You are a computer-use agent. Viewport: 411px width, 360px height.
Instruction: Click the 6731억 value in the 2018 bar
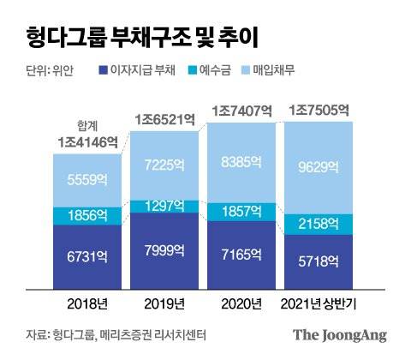click(86, 254)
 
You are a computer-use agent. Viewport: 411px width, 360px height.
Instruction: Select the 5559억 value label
click(86, 179)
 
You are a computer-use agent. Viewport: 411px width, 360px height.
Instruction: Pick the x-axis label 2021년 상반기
click(318, 303)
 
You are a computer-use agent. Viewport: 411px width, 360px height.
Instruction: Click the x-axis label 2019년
click(164, 303)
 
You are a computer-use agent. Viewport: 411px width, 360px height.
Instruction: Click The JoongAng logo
click(340, 336)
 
